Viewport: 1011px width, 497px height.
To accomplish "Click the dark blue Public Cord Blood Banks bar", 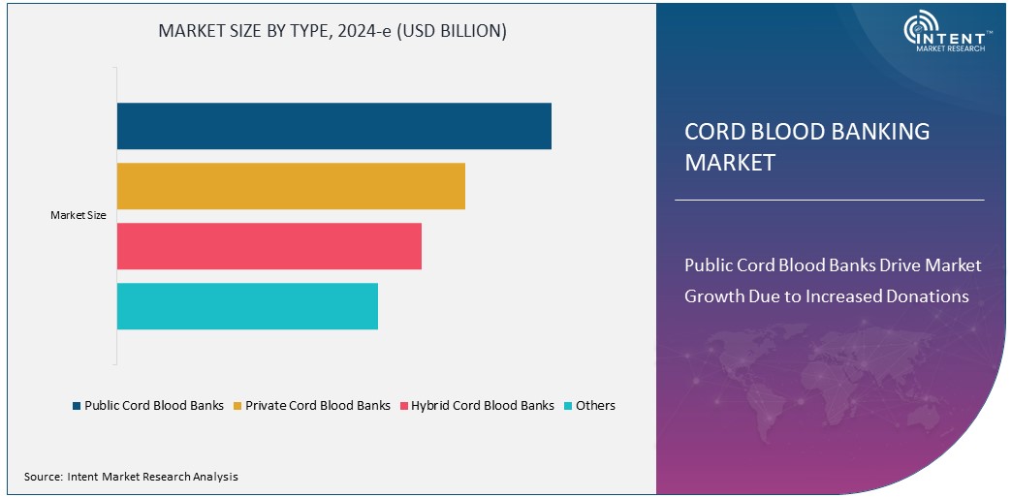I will [333, 126].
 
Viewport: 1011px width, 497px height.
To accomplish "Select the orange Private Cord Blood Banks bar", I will [291, 186].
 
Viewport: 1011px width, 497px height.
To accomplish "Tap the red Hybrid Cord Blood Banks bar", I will [269, 246].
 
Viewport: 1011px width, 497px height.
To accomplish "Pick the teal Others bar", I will [247, 306].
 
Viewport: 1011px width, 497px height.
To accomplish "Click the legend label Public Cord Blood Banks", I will [154, 406].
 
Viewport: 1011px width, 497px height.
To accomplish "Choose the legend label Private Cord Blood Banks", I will [318, 406].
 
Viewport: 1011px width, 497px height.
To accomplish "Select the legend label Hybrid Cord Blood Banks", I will [483, 406].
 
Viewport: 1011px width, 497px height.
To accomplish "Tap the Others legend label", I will [595, 406].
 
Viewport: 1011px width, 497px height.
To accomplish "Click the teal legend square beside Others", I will [568, 406].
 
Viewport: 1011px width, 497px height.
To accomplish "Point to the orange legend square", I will [237, 406].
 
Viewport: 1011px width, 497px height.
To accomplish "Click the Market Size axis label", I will [78, 216].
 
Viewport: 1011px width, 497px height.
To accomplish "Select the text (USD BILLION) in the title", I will [456, 31].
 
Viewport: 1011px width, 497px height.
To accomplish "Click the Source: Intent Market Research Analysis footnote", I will [131, 477].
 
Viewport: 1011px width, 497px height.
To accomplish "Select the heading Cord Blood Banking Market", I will [806, 146].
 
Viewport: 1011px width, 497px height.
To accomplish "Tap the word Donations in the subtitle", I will [928, 296].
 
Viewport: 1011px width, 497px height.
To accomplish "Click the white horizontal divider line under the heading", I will [829, 201].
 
